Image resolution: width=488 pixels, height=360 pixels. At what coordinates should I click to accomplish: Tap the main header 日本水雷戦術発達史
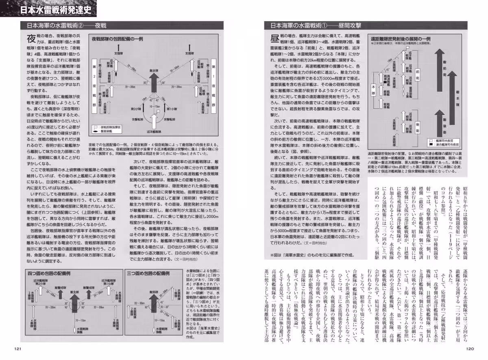click(x=57, y=9)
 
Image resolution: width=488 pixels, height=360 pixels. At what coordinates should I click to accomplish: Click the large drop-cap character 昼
click(x=273, y=40)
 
